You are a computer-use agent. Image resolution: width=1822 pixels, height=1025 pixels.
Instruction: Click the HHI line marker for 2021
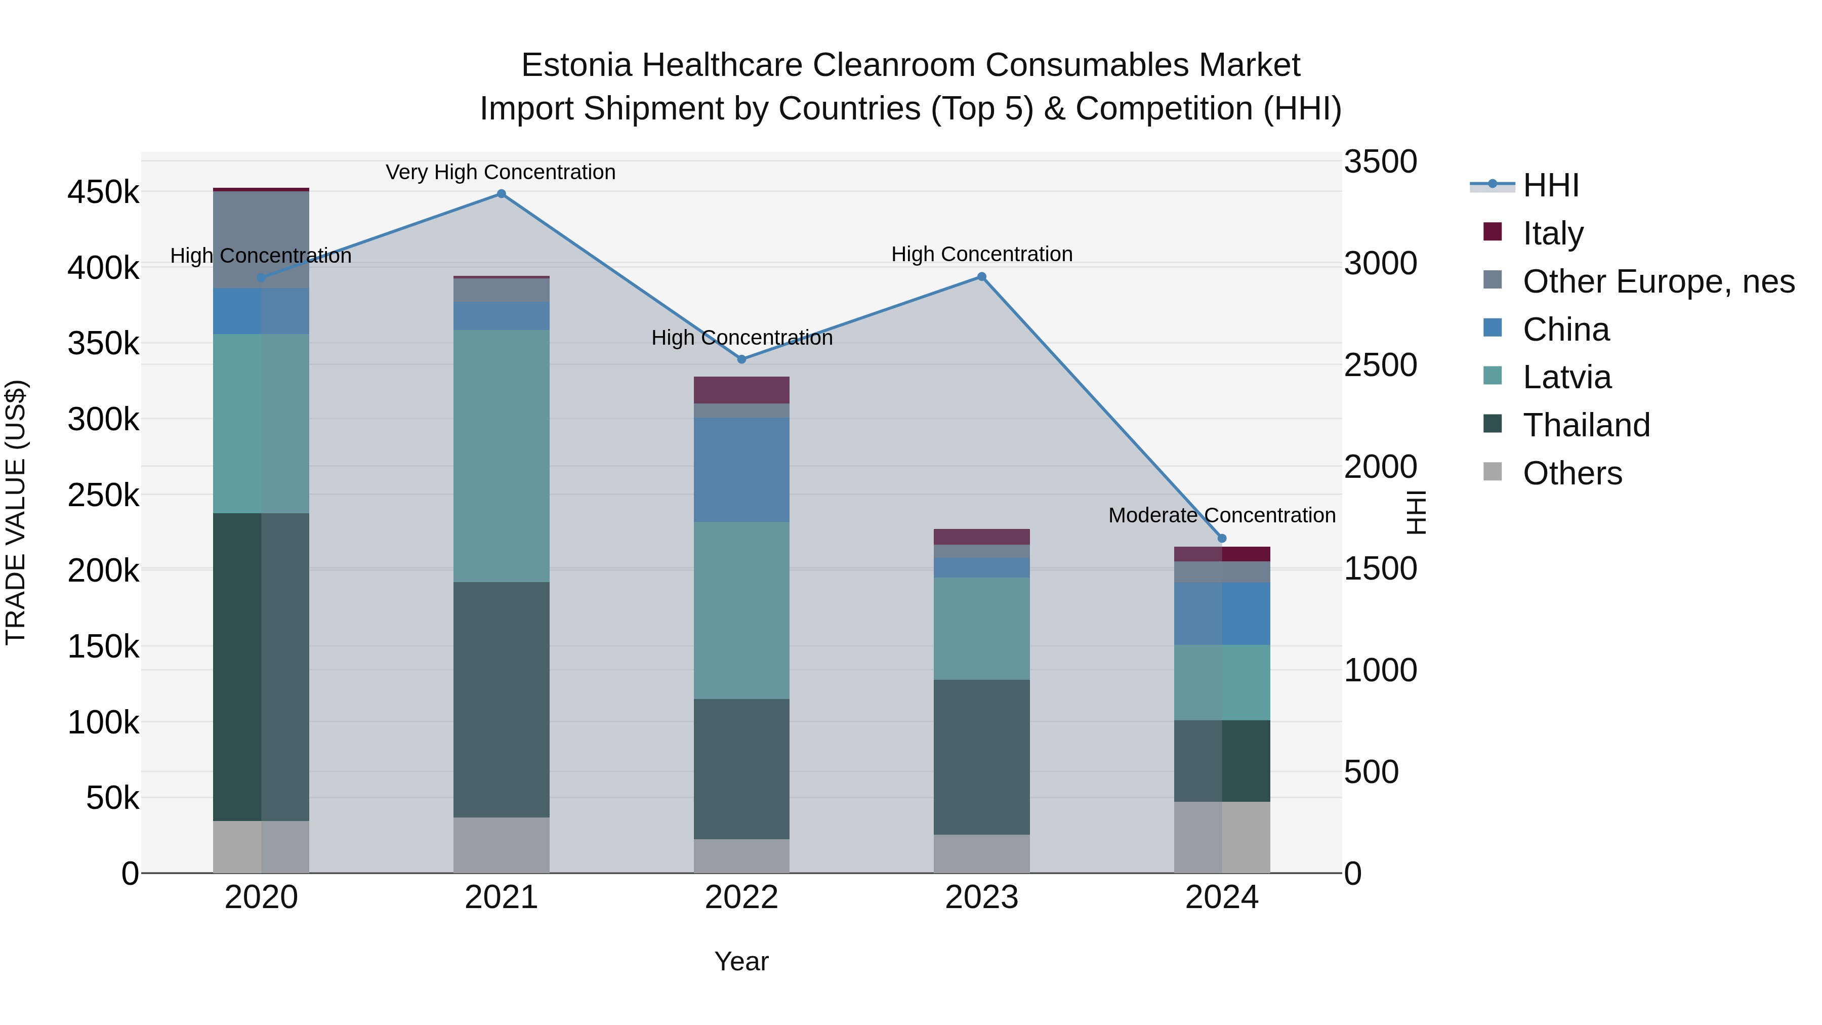pos(501,194)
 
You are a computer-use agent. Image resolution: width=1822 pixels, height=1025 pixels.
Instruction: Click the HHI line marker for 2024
pos(1222,539)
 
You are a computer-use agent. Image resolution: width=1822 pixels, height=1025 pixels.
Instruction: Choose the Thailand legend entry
pos(1585,425)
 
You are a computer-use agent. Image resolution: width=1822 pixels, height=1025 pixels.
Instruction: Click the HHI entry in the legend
pos(1550,185)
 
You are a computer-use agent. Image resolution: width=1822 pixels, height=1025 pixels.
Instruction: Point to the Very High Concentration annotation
pos(501,172)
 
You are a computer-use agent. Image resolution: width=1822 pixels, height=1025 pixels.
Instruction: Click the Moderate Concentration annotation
pos(1222,515)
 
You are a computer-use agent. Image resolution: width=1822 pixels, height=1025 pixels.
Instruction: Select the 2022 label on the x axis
pos(741,897)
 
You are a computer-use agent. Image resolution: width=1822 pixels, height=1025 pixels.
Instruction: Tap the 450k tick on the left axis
pos(103,192)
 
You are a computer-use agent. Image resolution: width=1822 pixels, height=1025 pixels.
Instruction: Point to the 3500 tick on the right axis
pos(1380,161)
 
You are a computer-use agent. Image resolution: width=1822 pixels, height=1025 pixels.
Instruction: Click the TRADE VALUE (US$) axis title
pos(16,512)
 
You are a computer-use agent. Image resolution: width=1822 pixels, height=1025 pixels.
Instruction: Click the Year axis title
pos(741,961)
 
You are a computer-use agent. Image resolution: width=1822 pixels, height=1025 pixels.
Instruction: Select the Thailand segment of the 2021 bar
pos(501,699)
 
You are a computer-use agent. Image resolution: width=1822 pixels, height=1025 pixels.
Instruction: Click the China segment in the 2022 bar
pos(741,470)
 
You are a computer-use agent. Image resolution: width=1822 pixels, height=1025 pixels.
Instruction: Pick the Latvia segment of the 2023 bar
pos(982,628)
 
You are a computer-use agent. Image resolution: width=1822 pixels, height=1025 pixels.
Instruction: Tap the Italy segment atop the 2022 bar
pos(741,390)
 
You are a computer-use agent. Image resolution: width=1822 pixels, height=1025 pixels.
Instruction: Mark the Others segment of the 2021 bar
pos(501,845)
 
